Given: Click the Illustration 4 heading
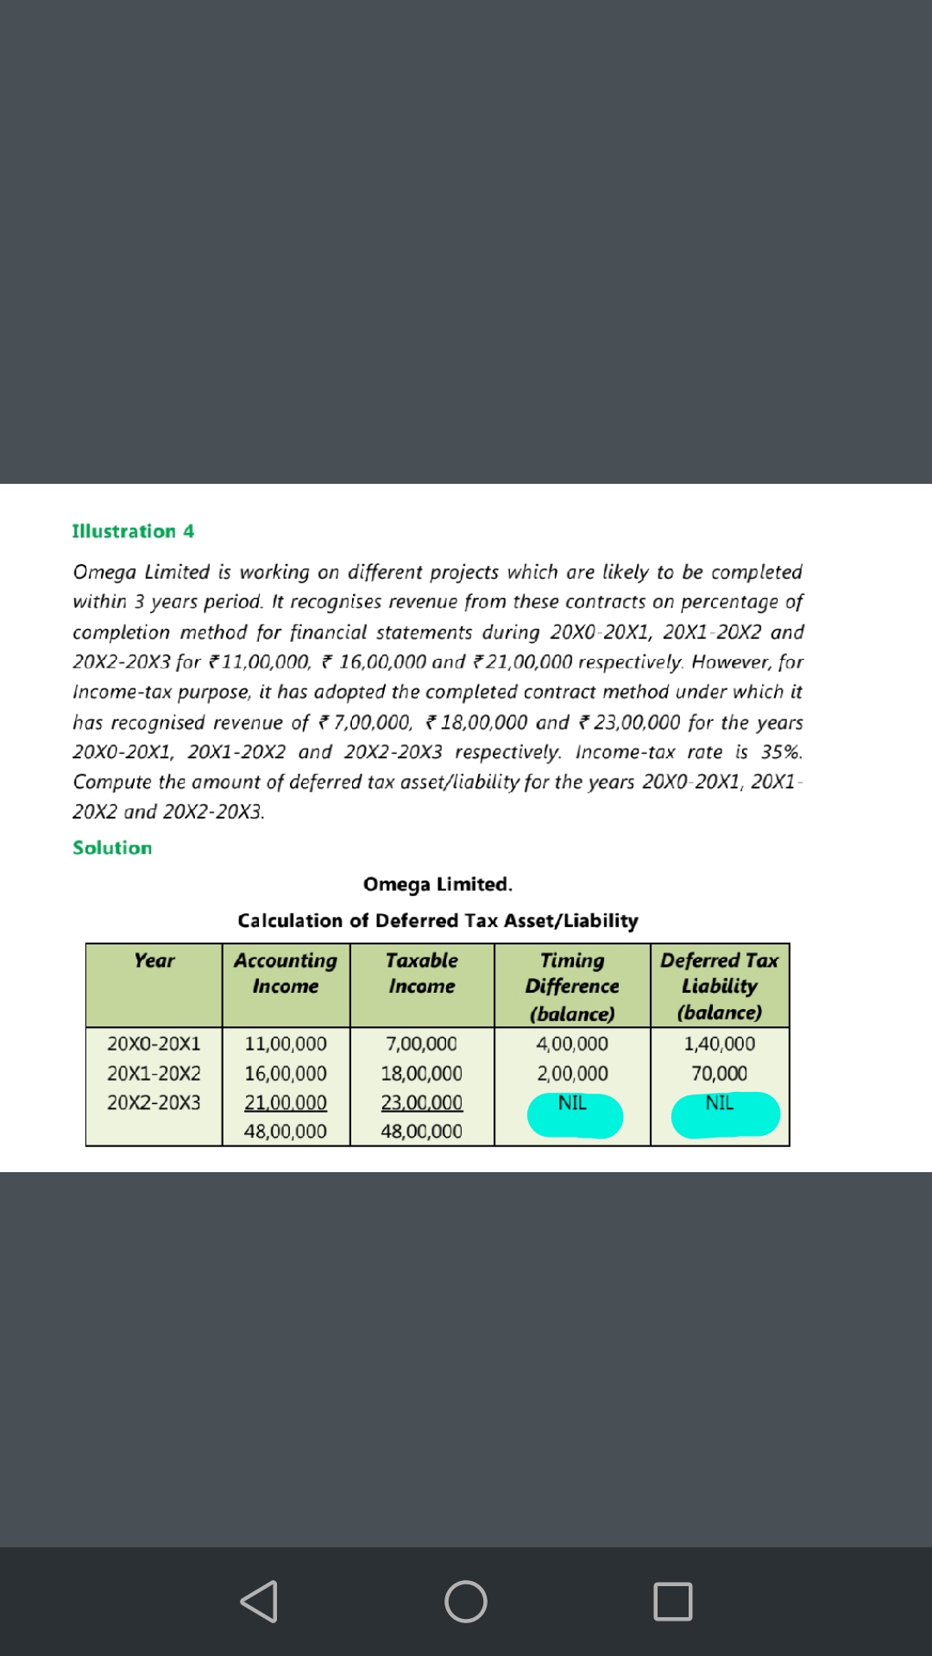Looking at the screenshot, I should pyautogui.click(x=133, y=531).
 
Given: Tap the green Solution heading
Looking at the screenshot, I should pyautogui.click(x=112, y=848).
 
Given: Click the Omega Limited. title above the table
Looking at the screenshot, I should pyautogui.click(x=438, y=884).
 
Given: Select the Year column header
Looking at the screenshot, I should pyautogui.click(x=154, y=961).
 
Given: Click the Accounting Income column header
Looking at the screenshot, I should pyautogui.click(x=286, y=974).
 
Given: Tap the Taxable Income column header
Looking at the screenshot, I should pyautogui.click(x=422, y=974).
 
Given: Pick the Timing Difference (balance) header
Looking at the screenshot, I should pyautogui.click(x=572, y=987).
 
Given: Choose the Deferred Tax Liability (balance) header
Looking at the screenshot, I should pyautogui.click(x=720, y=986).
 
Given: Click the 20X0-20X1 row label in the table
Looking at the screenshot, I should pyautogui.click(x=154, y=1044).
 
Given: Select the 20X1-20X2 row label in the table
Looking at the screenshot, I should pyautogui.click(x=154, y=1074).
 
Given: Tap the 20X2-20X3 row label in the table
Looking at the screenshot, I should pyautogui.click(x=154, y=1102).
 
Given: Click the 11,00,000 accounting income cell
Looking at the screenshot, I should pyautogui.click(x=286, y=1044).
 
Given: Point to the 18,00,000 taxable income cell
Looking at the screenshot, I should pyautogui.click(x=422, y=1074).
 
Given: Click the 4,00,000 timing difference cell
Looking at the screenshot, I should pyautogui.click(x=572, y=1044).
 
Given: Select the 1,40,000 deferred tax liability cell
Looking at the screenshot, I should pyautogui.click(x=720, y=1044).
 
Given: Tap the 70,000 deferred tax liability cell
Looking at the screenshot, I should pyautogui.click(x=720, y=1074).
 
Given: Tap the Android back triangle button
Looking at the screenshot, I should pyautogui.click(x=259, y=1602).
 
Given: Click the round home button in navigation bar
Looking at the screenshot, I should pyautogui.click(x=466, y=1602).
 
